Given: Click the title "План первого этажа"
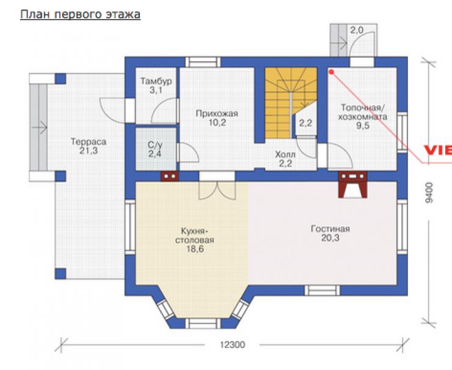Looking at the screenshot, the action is [80, 15].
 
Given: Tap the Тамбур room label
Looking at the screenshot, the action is [156, 86].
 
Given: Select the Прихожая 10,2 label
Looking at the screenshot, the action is [217, 118].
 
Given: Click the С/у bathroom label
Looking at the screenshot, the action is [155, 149].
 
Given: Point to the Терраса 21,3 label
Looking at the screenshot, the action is [89, 146].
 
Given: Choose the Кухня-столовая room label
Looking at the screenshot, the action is [195, 240].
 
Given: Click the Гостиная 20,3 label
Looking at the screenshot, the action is [330, 233].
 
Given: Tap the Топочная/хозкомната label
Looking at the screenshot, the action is [363, 116].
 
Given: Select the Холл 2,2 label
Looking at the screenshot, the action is [285, 159].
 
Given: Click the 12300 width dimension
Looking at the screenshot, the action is [232, 344].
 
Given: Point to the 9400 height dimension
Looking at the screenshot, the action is [429, 192].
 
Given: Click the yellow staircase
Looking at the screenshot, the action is [290, 103].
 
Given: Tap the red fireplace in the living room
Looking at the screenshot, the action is [352, 185].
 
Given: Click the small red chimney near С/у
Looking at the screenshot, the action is [170, 176].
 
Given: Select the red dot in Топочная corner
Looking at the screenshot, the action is [332, 72].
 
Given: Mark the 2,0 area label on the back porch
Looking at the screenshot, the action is [357, 31].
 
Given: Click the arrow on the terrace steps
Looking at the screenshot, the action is [40, 127].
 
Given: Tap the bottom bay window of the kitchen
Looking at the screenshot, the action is [202, 324].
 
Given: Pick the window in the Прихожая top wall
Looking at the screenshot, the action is [203, 62].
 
